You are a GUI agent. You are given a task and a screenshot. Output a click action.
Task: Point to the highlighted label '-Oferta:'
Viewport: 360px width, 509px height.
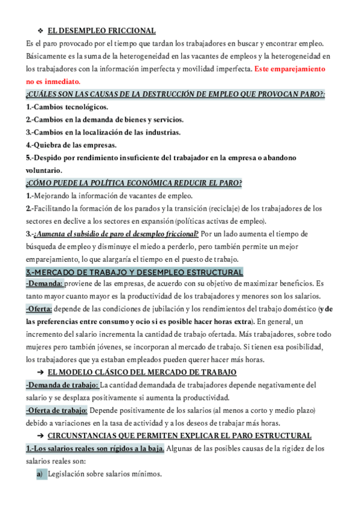point(40,309)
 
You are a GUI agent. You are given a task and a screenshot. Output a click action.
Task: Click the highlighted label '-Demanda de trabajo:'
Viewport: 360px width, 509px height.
point(62,385)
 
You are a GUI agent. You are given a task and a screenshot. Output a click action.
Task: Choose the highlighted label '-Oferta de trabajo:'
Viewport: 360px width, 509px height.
point(57,410)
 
